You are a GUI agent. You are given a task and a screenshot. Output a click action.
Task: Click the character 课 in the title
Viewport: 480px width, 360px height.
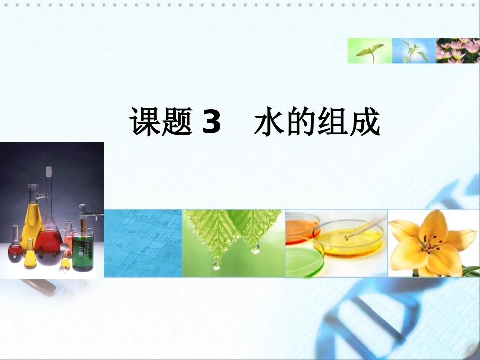pyautogui.click(x=146, y=123)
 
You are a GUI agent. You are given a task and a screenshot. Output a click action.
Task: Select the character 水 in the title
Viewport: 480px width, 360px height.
pyautogui.click(x=270, y=123)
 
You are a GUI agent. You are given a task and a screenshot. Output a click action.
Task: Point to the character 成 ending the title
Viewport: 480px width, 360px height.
pyautogui.click(x=364, y=123)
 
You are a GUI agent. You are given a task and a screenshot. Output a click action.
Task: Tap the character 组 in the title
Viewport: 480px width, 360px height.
pyautogui.click(x=333, y=123)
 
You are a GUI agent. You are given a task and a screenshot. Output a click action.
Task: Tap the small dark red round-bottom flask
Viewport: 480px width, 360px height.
pyautogui.click(x=15, y=250)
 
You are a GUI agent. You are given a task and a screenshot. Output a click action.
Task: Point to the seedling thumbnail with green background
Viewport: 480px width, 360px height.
pyautogui.click(x=369, y=50)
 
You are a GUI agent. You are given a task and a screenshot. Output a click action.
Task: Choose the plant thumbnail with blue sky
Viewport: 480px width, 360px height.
pyautogui.click(x=414, y=50)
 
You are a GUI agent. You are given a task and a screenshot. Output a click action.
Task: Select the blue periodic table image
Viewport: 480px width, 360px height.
pyautogui.click(x=142, y=243)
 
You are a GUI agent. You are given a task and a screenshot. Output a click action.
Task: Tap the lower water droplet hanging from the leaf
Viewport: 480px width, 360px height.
pyautogui.click(x=216, y=265)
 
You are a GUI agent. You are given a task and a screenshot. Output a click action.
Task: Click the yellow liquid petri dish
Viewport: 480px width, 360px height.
pyautogui.click(x=349, y=240)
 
